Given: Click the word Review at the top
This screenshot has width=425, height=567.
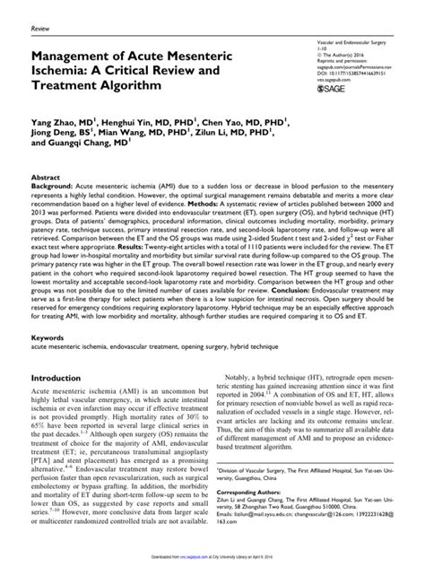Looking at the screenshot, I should [40, 29].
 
